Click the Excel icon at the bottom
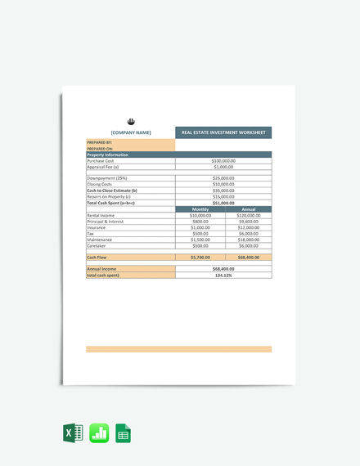[71, 434]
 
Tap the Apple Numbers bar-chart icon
[99, 434]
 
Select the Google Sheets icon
[124, 434]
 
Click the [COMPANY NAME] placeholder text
[131, 132]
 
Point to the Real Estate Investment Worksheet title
[223, 132]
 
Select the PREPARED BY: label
[100, 142]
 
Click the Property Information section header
[108, 155]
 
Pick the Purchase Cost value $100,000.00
[223, 161]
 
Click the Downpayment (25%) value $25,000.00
[223, 178]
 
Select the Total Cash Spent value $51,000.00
[223, 203]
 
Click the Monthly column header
[200, 209]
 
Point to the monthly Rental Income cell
[200, 215]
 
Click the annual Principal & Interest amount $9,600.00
[248, 222]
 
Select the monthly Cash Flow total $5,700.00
[200, 258]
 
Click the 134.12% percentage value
[223, 275]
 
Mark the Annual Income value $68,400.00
[223, 269]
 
